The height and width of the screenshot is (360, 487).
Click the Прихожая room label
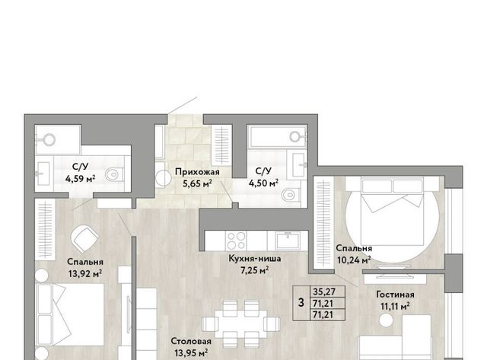coord(197,172)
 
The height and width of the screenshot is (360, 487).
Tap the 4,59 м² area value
coord(80,179)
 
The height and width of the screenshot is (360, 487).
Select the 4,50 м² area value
coord(263,183)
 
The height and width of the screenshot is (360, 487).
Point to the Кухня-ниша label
coord(255,259)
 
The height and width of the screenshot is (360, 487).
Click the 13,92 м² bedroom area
coord(85,274)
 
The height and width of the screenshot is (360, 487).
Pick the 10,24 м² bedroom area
coord(354,260)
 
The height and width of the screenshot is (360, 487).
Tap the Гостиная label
coord(395,295)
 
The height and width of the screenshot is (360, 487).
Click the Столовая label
coord(191,342)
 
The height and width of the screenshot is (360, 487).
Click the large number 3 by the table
coord(301,302)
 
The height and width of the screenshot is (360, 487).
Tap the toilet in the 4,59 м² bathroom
coord(114,174)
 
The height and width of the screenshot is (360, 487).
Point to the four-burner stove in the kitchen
coord(236,241)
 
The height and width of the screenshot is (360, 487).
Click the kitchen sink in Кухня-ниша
coord(288,241)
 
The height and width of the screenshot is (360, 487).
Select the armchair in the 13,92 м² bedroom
coord(84,238)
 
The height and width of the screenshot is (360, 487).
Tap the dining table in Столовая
coord(240,323)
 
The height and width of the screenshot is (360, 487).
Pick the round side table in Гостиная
coord(386,320)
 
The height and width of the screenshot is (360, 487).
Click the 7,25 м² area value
coord(255,270)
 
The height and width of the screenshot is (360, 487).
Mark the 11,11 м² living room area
coord(395,307)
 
